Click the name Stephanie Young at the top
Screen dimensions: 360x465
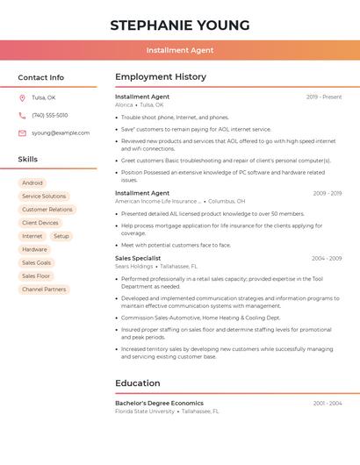[180, 25]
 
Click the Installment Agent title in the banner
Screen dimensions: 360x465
[180, 50]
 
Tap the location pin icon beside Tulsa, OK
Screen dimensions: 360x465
[22, 97]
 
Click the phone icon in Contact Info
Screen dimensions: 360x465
[22, 115]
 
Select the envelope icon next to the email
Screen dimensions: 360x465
[22, 133]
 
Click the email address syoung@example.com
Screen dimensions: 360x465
[61, 133]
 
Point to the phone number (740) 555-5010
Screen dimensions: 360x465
[50, 115]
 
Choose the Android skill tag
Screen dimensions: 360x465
[32, 183]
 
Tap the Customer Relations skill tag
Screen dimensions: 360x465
[47, 210]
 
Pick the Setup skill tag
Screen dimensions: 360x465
[61, 236]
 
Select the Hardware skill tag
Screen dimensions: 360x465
[35, 249]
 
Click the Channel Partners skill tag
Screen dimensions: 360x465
[44, 289]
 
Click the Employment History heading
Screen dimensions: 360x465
[161, 77]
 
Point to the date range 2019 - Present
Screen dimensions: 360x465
[324, 97]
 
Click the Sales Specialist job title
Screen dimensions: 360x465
[138, 258]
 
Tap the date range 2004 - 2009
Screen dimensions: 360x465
[327, 258]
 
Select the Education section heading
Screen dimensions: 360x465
[138, 383]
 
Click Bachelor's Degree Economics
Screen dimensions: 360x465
[159, 403]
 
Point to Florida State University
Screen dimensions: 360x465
[145, 411]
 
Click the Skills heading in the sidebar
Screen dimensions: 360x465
[28, 159]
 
